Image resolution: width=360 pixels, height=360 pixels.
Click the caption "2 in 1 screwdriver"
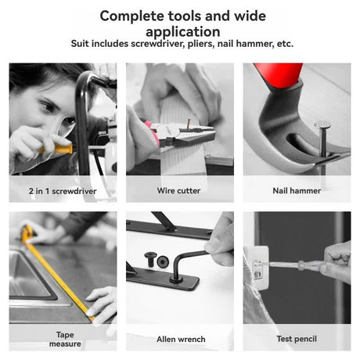63,190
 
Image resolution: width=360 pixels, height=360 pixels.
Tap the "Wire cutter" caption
179,190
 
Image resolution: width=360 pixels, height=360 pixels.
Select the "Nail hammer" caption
296,190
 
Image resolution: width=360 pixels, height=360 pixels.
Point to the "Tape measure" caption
63,338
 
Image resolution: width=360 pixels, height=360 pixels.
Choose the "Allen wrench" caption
179,339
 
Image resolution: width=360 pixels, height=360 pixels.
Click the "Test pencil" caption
296,339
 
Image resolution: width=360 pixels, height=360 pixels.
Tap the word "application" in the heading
180,31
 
